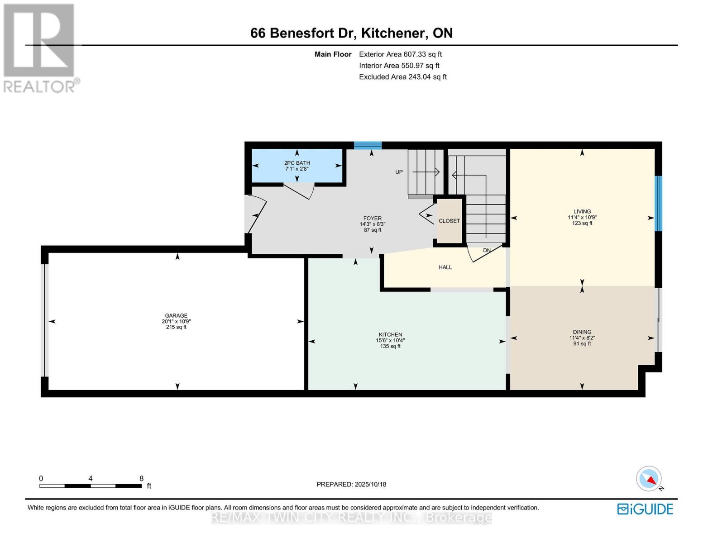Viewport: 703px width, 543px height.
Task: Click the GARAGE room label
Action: pyautogui.click(x=176, y=315)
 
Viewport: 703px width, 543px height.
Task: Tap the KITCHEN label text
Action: pyautogui.click(x=390, y=334)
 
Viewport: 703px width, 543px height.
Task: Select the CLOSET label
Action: pyautogui.click(x=449, y=221)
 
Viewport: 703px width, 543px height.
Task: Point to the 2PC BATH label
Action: pyautogui.click(x=297, y=163)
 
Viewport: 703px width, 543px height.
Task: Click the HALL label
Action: pyautogui.click(x=445, y=267)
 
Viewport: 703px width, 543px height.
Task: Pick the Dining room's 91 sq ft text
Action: pyautogui.click(x=582, y=343)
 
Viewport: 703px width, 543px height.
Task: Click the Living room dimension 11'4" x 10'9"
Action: pyautogui.click(x=582, y=217)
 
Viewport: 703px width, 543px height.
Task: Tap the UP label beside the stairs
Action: pyautogui.click(x=399, y=172)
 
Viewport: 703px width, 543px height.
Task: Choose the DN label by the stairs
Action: pyautogui.click(x=487, y=250)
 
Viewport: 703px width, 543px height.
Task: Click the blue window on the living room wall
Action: pyautogui.click(x=658, y=204)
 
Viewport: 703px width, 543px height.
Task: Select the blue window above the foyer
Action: pyautogui.click(x=368, y=145)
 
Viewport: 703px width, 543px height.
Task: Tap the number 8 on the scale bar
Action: pyautogui.click(x=141, y=478)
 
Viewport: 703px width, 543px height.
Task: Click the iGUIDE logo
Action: pyautogui.click(x=645, y=509)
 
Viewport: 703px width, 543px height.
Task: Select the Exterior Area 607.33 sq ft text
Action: pyautogui.click(x=400, y=54)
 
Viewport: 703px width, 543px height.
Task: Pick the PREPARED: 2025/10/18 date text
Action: pyautogui.click(x=351, y=484)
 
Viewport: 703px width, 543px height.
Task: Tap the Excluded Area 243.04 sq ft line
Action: pyautogui.click(x=403, y=77)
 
